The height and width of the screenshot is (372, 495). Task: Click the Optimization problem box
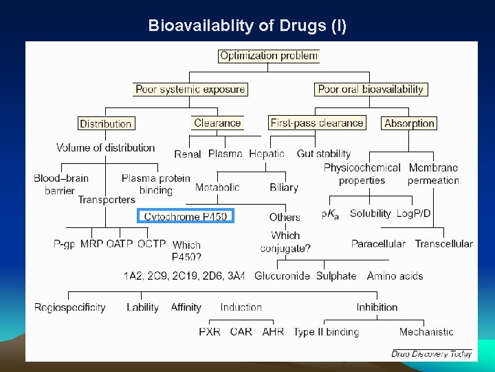[x=269, y=56]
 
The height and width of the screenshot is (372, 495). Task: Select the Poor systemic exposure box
[x=190, y=89]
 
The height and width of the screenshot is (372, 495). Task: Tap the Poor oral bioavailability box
[x=371, y=89]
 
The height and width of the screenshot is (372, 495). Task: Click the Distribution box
[x=105, y=124]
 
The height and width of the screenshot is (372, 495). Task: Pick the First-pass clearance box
[x=316, y=123]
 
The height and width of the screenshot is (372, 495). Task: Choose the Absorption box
[x=409, y=123]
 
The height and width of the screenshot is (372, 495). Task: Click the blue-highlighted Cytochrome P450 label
[x=186, y=216]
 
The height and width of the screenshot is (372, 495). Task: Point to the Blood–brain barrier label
[x=61, y=184]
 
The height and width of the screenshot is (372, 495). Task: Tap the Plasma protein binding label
[x=156, y=184]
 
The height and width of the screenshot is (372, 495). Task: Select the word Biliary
[x=284, y=187]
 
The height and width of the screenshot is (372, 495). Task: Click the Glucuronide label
[x=282, y=276]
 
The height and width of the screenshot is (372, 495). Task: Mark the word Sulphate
[x=336, y=276]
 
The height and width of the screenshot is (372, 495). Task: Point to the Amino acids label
[x=395, y=276]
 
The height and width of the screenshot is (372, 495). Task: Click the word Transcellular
[x=443, y=244]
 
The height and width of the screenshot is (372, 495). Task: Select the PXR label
[x=210, y=332]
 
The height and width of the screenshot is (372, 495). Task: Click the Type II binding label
[x=326, y=332]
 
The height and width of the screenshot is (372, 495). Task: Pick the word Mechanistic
[x=426, y=332]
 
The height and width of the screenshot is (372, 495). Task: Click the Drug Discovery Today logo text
[x=432, y=353]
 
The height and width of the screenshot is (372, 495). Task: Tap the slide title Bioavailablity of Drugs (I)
[x=247, y=26]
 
